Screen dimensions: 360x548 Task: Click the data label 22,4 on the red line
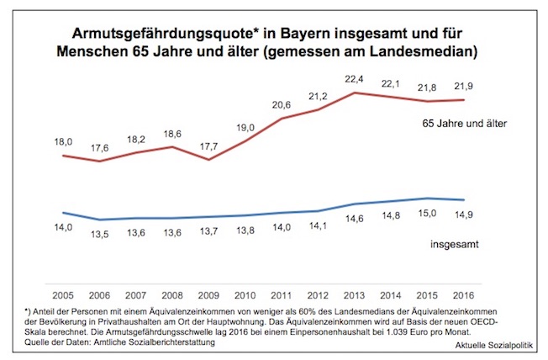355,78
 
